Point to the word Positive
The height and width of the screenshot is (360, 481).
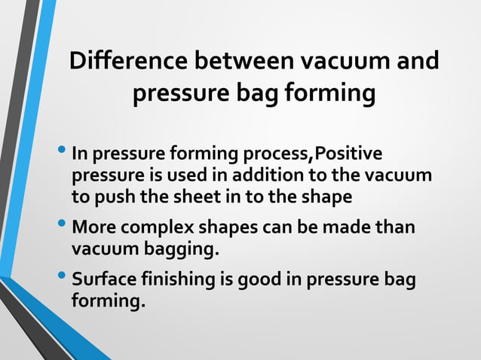(348, 155)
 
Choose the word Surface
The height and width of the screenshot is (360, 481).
(102, 279)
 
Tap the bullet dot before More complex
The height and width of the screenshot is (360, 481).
(63, 224)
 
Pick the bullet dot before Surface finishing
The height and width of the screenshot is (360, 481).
(63, 276)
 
